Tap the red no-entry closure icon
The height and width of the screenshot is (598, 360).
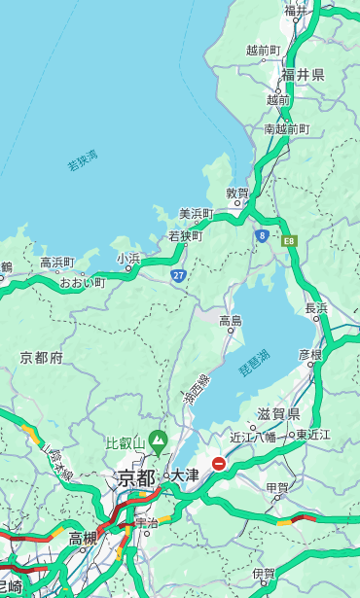click(x=220, y=465)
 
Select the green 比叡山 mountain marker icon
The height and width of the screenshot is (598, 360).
click(x=157, y=444)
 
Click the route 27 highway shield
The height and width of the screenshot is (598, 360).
click(x=178, y=275)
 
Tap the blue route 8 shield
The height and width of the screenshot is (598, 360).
click(x=262, y=235)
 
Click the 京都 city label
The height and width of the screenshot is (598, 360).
click(x=135, y=477)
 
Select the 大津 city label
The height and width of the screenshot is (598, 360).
click(x=185, y=475)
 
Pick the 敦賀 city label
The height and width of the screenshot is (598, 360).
click(x=237, y=193)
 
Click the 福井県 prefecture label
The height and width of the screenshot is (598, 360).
click(x=303, y=75)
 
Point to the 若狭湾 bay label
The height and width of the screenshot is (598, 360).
click(x=82, y=160)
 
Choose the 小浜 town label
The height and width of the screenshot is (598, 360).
click(x=128, y=258)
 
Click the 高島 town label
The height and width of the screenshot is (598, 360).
click(x=231, y=320)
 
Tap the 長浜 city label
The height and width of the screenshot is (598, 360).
click(x=317, y=308)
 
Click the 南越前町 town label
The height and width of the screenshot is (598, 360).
click(x=286, y=128)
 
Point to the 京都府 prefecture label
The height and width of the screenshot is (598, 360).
click(x=42, y=358)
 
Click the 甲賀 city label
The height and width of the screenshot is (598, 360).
click(x=278, y=487)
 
